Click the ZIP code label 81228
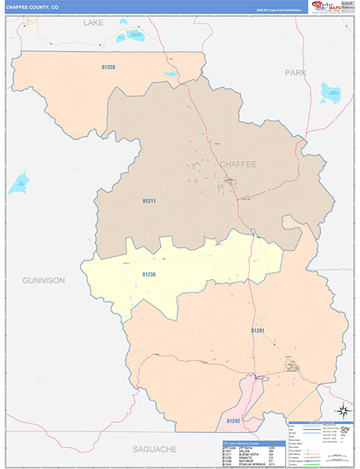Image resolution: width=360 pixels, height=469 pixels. (108, 67)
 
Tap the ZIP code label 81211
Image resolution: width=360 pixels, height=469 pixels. (149, 202)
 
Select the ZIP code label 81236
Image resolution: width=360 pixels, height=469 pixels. (150, 274)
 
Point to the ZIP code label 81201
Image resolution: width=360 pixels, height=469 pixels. (258, 331)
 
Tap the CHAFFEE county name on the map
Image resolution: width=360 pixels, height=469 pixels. (237, 165)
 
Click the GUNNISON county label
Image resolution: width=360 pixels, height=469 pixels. (44, 279)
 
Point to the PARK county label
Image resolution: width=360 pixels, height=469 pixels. (295, 73)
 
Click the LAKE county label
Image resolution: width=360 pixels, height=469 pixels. (94, 24)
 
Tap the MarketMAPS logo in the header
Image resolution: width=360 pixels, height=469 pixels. (329, 7)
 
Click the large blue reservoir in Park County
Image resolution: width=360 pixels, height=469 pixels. (332, 94)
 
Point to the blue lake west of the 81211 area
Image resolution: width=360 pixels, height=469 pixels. (18, 187)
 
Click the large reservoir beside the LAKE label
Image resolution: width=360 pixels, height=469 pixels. (124, 36)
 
